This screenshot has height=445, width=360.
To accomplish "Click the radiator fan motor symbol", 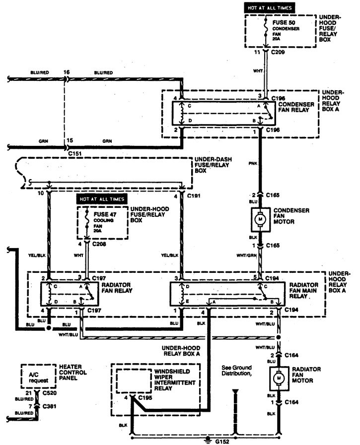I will point(279,379).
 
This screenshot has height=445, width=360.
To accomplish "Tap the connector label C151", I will point(75,154).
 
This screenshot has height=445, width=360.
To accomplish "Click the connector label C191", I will point(194,195).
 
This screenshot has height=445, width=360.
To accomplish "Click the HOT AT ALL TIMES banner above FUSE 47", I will point(102,199).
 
